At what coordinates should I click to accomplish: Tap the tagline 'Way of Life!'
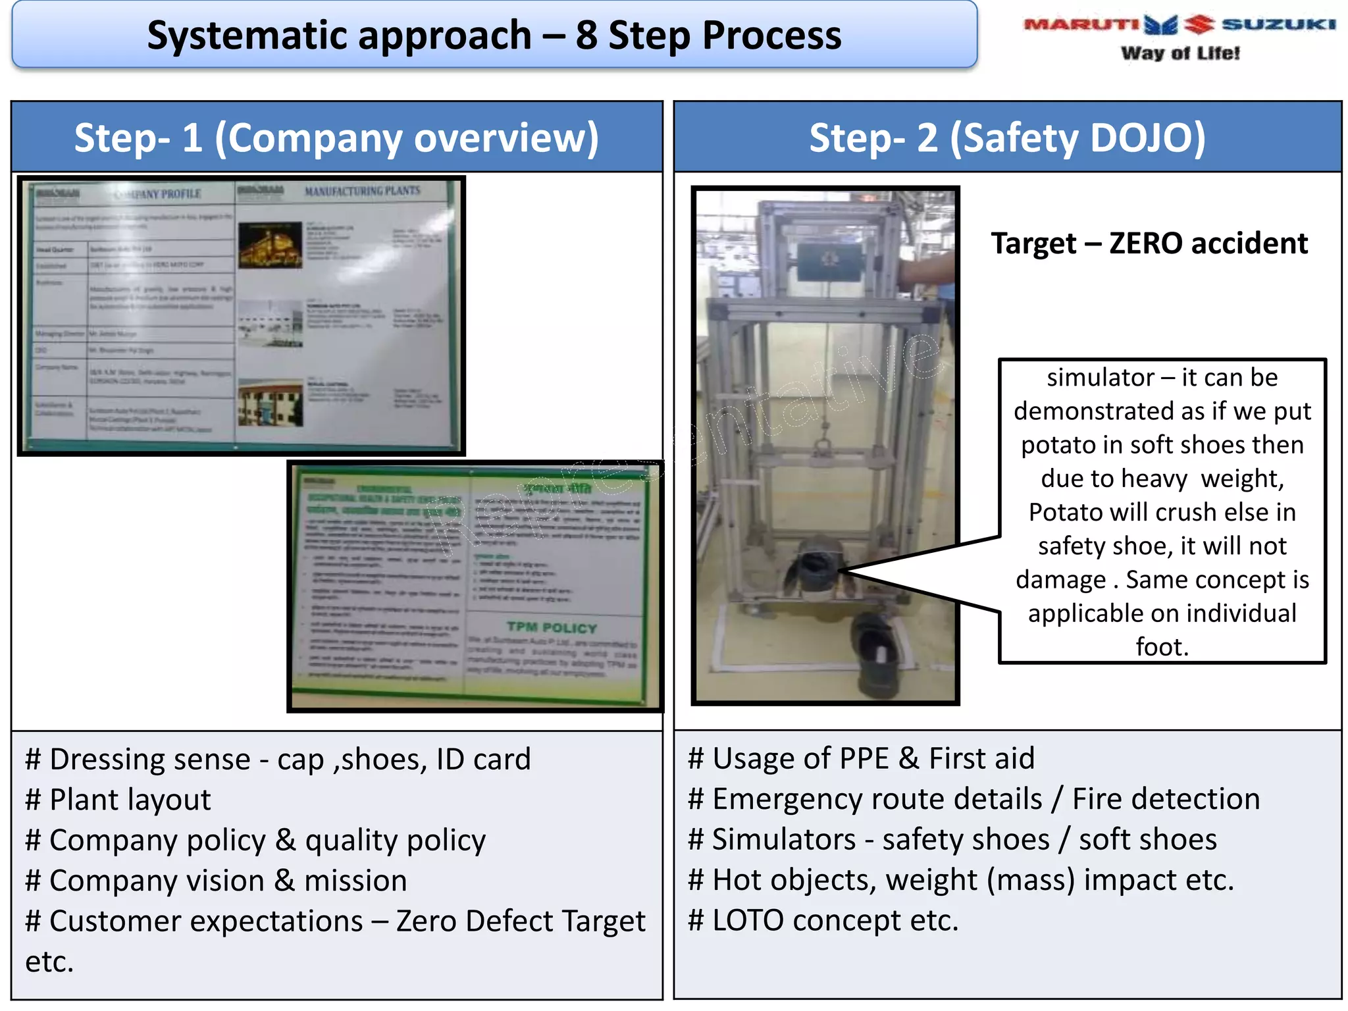pyautogui.click(x=1180, y=53)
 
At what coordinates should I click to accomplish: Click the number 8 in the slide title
pyautogui.click(x=586, y=36)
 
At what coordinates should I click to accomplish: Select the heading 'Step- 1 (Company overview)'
pyautogui.click(x=336, y=138)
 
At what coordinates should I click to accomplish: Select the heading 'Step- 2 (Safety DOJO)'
pyautogui.click(x=1007, y=138)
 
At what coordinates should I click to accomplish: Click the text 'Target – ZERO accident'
pyautogui.click(x=1149, y=244)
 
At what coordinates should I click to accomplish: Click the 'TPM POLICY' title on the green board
pyautogui.click(x=552, y=627)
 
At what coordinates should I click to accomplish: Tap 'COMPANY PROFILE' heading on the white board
pyautogui.click(x=158, y=194)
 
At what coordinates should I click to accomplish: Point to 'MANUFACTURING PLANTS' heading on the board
pyautogui.click(x=362, y=191)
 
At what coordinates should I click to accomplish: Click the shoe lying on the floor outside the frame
pyautogui.click(x=875, y=655)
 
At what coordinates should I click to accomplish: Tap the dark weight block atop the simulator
pyautogui.click(x=829, y=261)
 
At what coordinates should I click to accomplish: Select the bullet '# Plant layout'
pyautogui.click(x=118, y=800)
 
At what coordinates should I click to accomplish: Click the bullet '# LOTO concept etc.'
pyautogui.click(x=823, y=920)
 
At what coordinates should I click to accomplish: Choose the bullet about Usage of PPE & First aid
pyautogui.click(x=861, y=758)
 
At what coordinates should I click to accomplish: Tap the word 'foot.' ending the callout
pyautogui.click(x=1162, y=647)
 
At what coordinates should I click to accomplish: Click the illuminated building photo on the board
pyautogui.click(x=270, y=245)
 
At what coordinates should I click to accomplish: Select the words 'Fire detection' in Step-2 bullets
pyautogui.click(x=1166, y=799)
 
